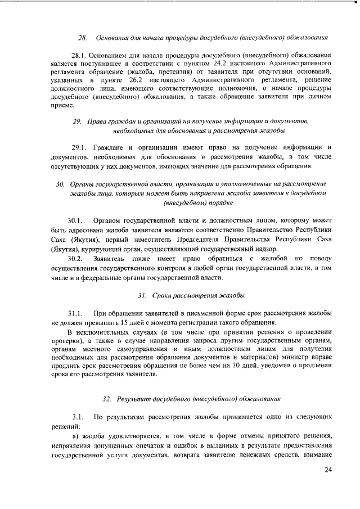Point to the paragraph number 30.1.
(x=76, y=219)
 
